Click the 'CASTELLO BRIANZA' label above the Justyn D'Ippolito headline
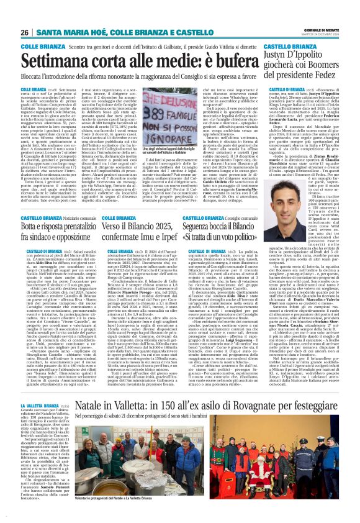click(x=289, y=47)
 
